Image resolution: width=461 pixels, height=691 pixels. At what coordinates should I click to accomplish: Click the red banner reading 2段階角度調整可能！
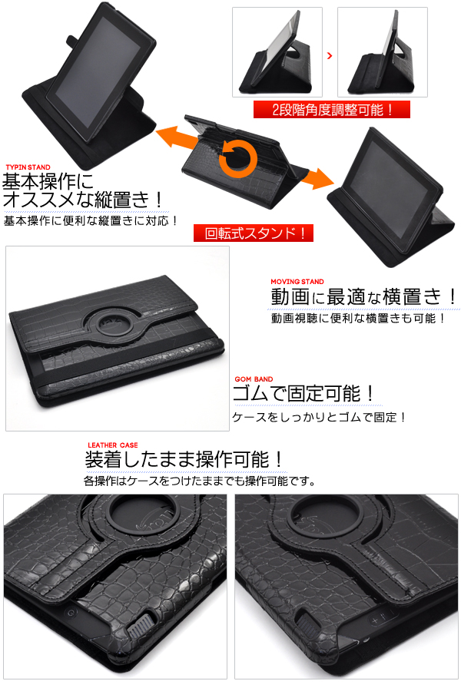pos(332,109)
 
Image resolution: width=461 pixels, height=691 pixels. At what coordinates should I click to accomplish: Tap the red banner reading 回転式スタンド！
pos(254,233)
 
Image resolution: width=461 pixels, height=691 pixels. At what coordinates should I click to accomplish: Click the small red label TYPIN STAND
pos(28,167)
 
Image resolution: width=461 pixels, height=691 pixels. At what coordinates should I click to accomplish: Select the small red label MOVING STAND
pos(297,282)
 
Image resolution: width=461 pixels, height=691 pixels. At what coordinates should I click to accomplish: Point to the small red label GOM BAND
pos(254,379)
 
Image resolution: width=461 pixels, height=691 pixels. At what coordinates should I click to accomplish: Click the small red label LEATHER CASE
pos(112,445)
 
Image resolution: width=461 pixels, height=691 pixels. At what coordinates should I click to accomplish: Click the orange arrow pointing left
pos(177,137)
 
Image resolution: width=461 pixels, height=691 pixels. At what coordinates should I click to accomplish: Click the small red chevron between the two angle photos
pos(329,55)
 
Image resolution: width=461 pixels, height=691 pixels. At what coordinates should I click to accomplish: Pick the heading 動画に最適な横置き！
pos(364,296)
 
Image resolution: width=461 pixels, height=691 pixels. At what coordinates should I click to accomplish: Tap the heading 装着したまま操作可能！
pos(184,460)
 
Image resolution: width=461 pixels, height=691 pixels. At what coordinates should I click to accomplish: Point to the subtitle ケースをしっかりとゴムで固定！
pos(319,417)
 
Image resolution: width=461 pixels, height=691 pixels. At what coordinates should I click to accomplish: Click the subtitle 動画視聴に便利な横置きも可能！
pos(359,318)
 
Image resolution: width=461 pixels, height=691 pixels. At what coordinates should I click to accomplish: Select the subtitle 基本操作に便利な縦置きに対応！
pos(91,220)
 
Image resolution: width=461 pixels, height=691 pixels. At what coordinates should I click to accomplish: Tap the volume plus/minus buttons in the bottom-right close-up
pos(382,618)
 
